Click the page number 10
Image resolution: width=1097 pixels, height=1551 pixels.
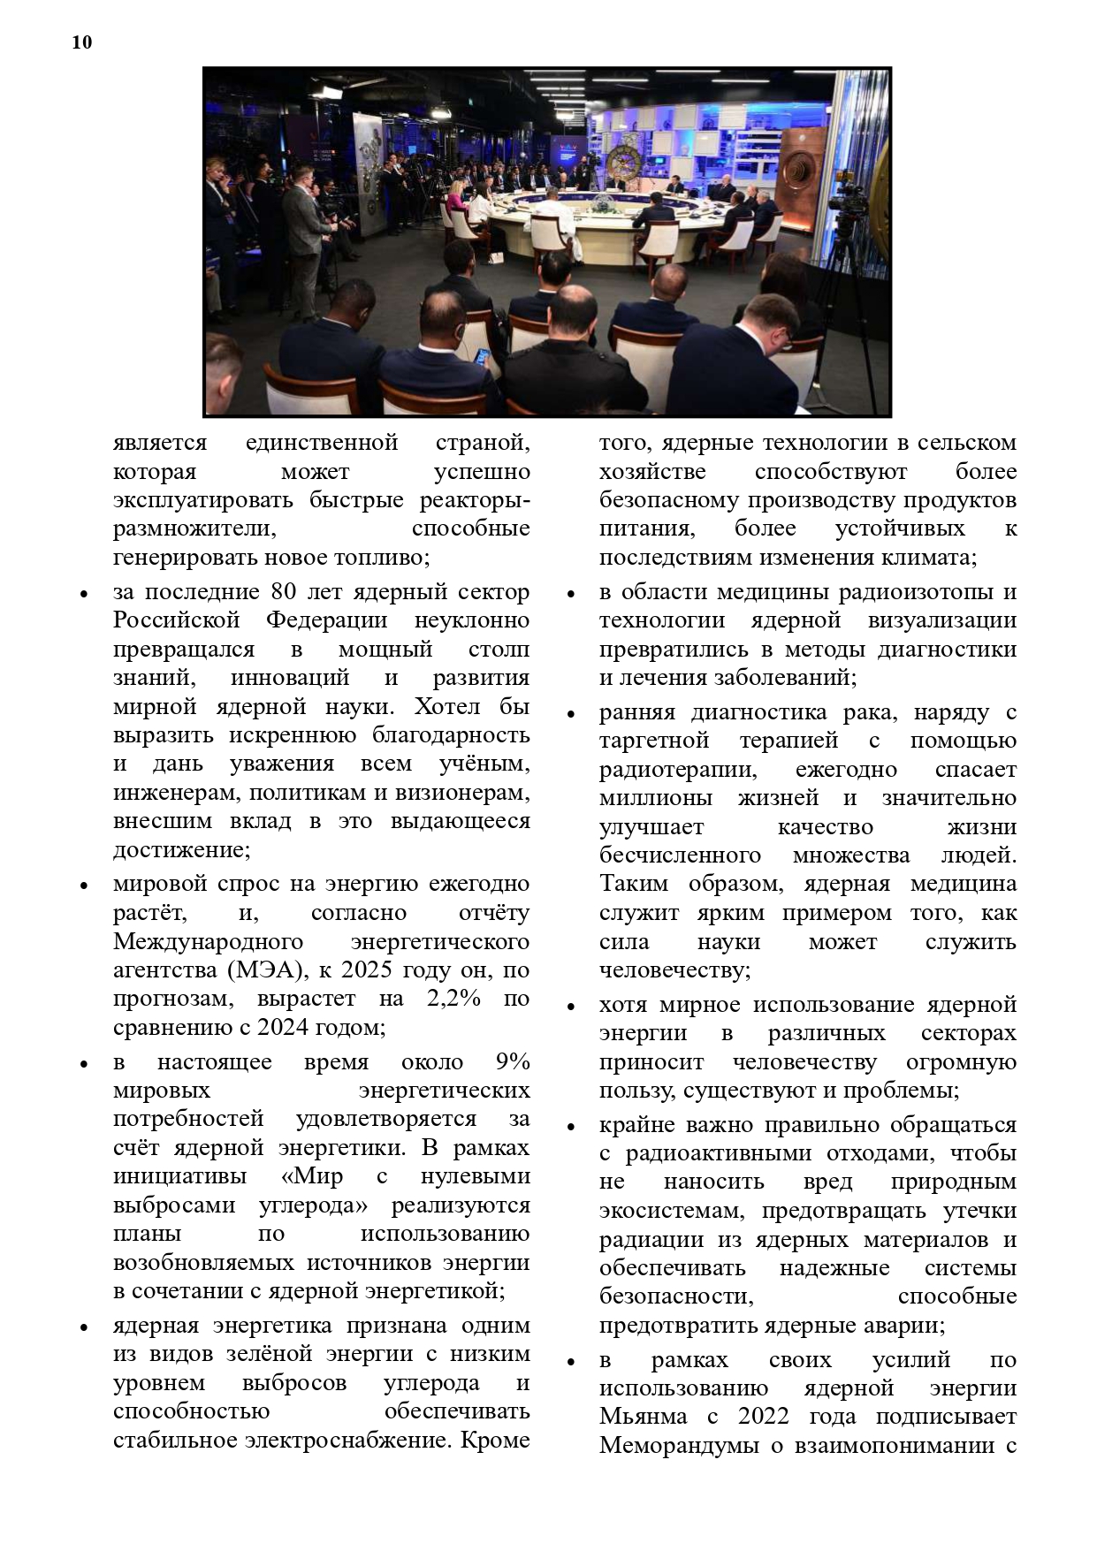coord(81,42)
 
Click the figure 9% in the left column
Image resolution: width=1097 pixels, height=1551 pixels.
coord(513,1061)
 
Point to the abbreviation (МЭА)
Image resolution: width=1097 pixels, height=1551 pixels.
coord(267,969)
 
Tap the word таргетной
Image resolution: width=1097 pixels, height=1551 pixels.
coord(654,740)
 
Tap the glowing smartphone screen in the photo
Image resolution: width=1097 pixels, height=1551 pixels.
coord(482,357)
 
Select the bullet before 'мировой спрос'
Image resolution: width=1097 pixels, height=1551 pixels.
coord(83,886)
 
